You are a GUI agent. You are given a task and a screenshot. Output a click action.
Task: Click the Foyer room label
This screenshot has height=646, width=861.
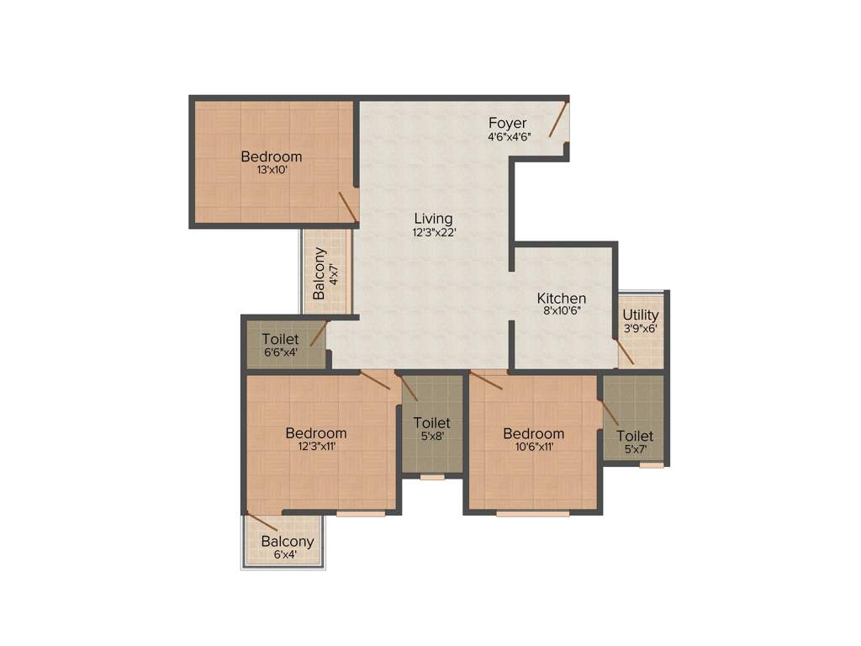pyautogui.click(x=508, y=124)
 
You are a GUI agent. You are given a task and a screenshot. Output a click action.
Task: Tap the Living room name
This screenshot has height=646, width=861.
pyautogui.click(x=433, y=220)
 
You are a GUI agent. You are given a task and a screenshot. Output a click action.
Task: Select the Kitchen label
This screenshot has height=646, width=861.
pyautogui.click(x=562, y=299)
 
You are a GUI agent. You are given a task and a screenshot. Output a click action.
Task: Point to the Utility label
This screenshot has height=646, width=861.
pyautogui.click(x=641, y=315)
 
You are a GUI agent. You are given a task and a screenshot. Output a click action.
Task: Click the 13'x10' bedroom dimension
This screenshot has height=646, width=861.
pyautogui.click(x=272, y=170)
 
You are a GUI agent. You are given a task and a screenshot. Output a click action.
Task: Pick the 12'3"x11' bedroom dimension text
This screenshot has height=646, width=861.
pyautogui.click(x=315, y=447)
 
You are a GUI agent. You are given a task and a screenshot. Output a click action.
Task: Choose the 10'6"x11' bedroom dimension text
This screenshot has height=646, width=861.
pyautogui.click(x=533, y=447)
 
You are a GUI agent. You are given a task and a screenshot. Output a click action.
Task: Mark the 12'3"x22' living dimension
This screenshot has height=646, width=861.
pyautogui.click(x=433, y=233)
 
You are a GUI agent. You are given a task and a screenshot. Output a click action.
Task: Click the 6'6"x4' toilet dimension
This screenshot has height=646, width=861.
pyautogui.click(x=280, y=352)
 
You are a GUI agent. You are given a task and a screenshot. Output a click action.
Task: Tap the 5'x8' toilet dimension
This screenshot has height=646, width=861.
pyautogui.click(x=431, y=436)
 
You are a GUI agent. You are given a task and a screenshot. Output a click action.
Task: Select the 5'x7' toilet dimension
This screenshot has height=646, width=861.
pyautogui.click(x=635, y=449)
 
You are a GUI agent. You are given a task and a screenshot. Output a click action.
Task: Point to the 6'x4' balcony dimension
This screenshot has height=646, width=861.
pyautogui.click(x=287, y=554)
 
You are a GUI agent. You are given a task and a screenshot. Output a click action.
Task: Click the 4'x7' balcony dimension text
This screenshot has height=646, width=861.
pyautogui.click(x=334, y=273)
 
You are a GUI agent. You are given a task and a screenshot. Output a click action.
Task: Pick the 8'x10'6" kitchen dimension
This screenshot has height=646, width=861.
pyautogui.click(x=562, y=311)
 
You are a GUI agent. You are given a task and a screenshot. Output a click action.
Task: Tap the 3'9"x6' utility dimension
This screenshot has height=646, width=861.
pyautogui.click(x=641, y=329)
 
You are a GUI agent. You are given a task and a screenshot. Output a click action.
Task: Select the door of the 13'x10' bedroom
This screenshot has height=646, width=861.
pyautogui.click(x=348, y=206)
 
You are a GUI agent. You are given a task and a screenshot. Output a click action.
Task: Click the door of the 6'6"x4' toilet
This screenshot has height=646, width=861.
pyautogui.click(x=319, y=332)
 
